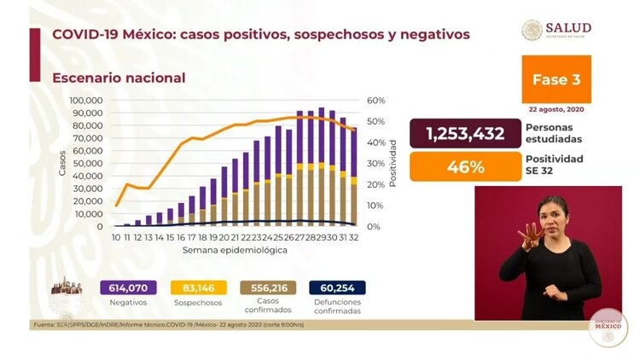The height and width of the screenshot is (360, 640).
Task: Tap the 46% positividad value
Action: pyautogui.click(x=465, y=166)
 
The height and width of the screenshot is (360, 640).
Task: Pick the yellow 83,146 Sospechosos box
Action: pyautogui.click(x=197, y=288)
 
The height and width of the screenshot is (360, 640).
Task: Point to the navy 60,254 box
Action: pyautogui.click(x=336, y=288)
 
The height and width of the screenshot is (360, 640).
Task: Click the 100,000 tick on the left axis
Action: pyautogui.click(x=85, y=101)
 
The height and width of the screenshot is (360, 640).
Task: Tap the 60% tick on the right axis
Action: pyautogui.click(x=375, y=101)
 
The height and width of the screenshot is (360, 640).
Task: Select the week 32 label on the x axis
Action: pyautogui.click(x=354, y=237)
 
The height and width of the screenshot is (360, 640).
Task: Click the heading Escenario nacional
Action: pyautogui.click(x=119, y=78)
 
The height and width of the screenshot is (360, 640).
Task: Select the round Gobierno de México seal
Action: pyautogui.click(x=608, y=327)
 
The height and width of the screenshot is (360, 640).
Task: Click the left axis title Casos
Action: pyautogui.click(x=62, y=163)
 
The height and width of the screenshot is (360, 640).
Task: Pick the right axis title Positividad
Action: pyautogui.click(x=393, y=163)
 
